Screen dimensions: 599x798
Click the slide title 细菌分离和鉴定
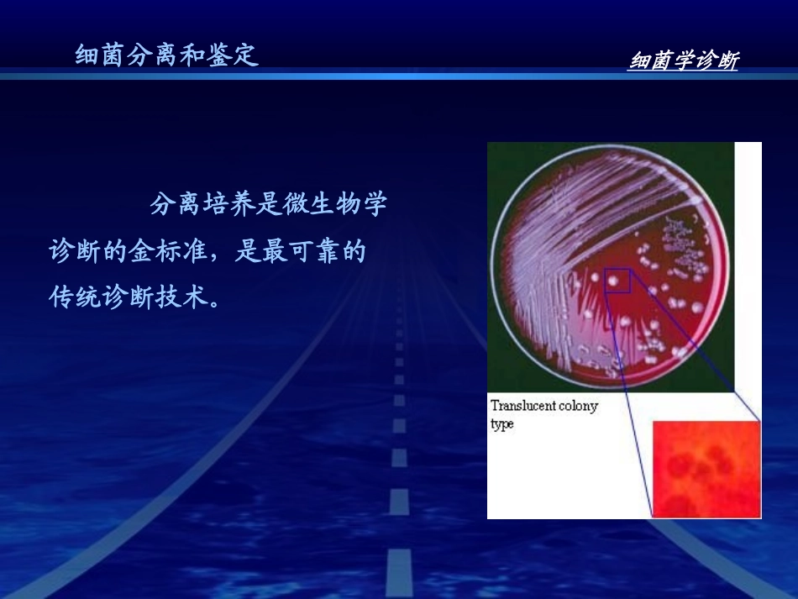coord(166,55)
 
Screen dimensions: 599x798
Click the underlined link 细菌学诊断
coord(683,61)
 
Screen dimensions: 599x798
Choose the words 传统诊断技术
coord(127,298)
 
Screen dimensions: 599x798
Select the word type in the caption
coord(502,424)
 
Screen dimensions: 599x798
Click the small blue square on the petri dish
coord(617,281)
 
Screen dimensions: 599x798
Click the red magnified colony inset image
coord(706,470)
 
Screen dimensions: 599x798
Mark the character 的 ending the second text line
coord(354,251)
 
